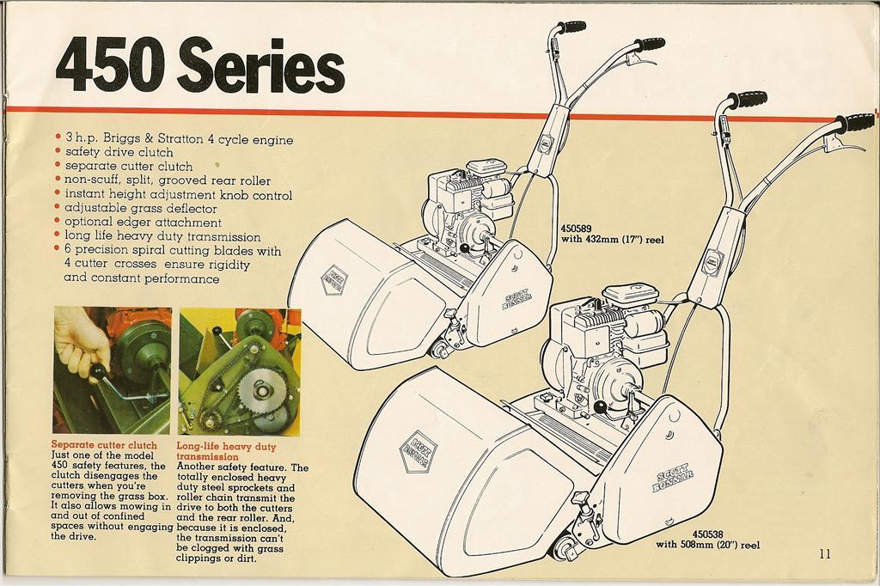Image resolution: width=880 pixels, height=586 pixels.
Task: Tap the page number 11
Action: pos(825,553)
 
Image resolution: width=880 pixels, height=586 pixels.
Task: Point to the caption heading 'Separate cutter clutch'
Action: pos(105,445)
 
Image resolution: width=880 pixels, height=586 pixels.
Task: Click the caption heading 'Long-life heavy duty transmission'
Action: pos(227,451)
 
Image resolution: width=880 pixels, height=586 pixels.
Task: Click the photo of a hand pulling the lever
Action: pos(112,369)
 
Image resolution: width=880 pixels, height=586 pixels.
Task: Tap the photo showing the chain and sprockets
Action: pos(240,370)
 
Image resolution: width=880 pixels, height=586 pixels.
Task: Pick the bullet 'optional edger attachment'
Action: pos(144,222)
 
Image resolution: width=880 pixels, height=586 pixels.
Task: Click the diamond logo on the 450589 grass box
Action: pos(334,281)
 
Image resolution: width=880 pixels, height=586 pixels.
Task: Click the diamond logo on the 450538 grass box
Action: pos(419,452)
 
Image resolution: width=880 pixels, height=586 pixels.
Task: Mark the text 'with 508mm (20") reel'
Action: pos(707,545)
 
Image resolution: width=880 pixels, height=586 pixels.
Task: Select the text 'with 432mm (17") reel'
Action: pos(612,240)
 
